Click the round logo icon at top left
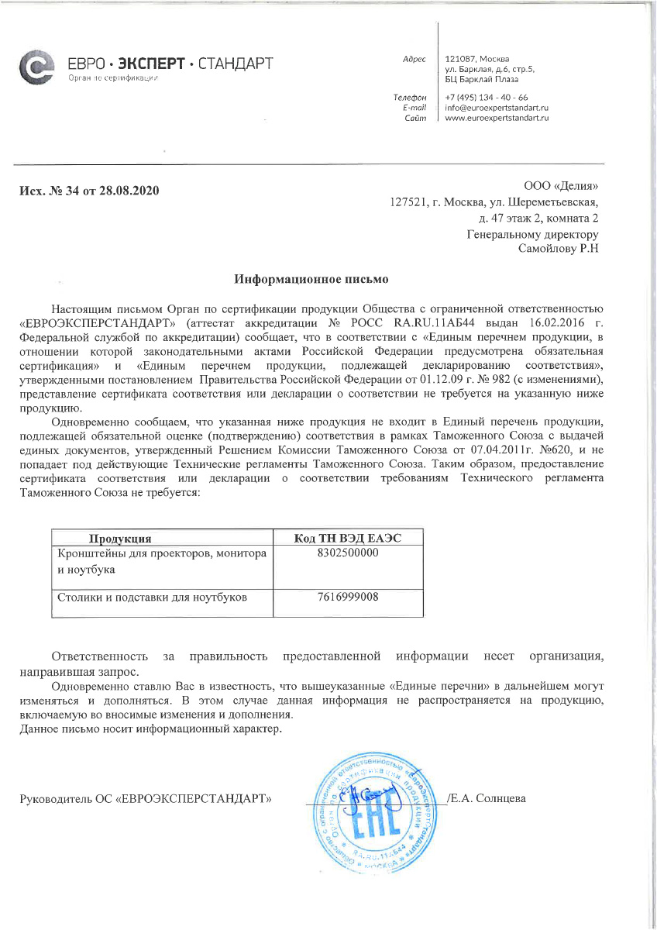point(36,68)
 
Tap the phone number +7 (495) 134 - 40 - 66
point(487,98)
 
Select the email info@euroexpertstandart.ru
point(497,108)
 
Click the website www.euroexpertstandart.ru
point(497,118)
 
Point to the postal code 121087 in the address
point(460,59)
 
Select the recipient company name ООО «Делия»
point(561,186)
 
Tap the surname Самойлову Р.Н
point(558,249)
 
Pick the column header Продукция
point(119,539)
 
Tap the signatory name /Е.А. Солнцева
point(487,798)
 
